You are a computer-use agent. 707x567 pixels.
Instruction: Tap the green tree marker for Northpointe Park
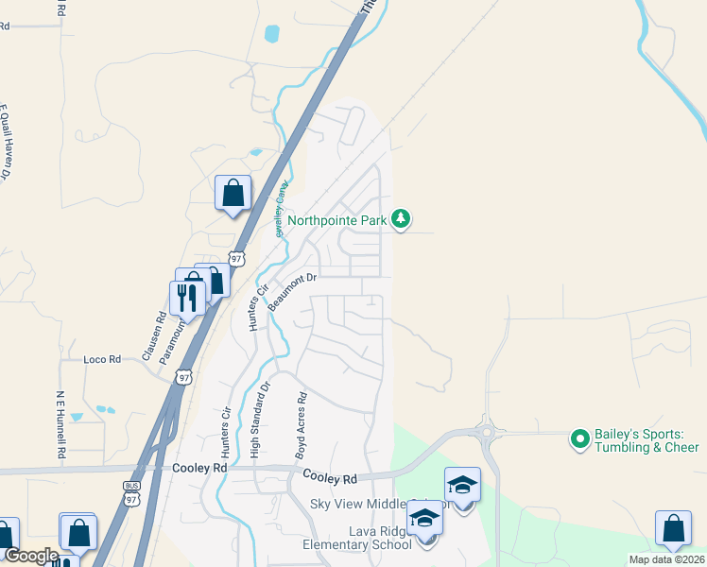(x=402, y=219)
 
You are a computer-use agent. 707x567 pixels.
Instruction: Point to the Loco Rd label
(x=102, y=359)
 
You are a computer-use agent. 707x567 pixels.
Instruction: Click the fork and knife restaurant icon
(x=187, y=298)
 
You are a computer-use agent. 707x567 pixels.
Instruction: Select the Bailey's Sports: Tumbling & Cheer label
(x=646, y=440)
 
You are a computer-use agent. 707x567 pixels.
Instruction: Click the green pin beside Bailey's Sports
(x=579, y=438)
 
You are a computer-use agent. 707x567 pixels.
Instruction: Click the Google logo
(x=31, y=556)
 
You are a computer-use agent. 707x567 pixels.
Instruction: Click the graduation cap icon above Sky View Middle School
(x=462, y=485)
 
